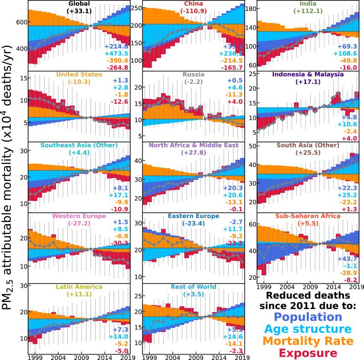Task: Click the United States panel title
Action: (76, 75)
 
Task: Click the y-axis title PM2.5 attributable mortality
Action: (10, 180)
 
